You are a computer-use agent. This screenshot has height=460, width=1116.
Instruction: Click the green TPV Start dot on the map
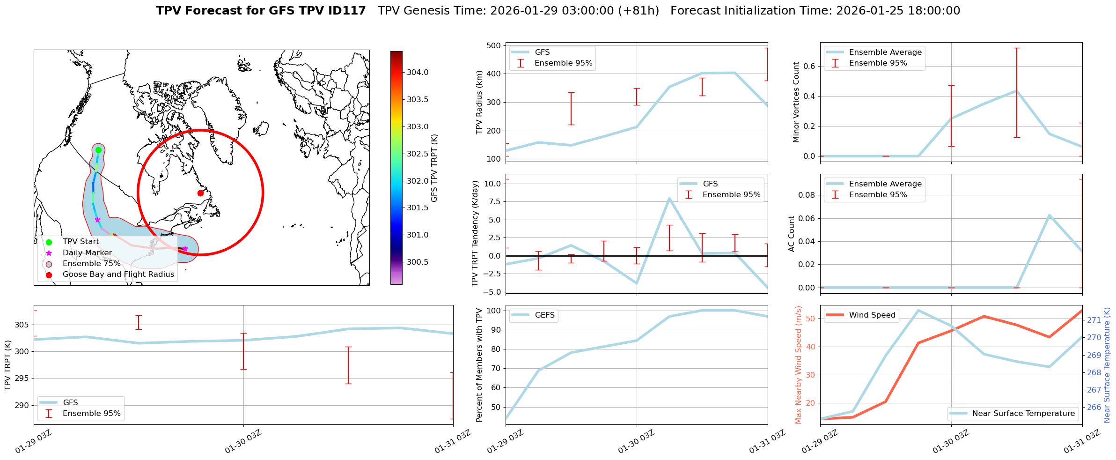pyautogui.click(x=98, y=150)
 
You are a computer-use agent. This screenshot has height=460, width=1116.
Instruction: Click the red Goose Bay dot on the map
pyautogui.click(x=200, y=193)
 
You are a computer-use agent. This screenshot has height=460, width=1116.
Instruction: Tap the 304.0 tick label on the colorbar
pyautogui.click(x=418, y=72)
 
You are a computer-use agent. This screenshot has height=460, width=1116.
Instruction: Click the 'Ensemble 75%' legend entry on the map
pyautogui.click(x=91, y=264)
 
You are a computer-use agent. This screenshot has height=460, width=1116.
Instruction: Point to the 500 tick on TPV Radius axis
pyautogui.click(x=493, y=45)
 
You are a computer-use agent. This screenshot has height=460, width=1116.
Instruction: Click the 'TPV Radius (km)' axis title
pyautogui.click(x=479, y=102)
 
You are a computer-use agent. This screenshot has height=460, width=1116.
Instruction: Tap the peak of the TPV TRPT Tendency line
pyautogui.click(x=669, y=198)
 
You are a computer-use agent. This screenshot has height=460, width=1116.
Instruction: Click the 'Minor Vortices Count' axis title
pyautogui.click(x=796, y=102)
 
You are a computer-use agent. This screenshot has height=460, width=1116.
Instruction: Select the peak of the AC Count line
pyautogui.click(x=1050, y=215)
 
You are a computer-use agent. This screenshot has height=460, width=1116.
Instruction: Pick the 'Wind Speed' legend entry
pyautogui.click(x=872, y=315)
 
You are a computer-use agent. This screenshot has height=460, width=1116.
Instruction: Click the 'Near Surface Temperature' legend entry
pyautogui.click(x=1023, y=414)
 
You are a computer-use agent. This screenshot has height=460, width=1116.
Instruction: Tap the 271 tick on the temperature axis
pyautogui.click(x=1094, y=320)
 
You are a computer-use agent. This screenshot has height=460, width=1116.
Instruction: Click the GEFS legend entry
pyautogui.click(x=544, y=315)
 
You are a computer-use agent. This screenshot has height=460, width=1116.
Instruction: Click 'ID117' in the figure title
pyautogui.click(x=348, y=11)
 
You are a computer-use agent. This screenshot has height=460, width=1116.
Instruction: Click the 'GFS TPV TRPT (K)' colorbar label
pyautogui.click(x=434, y=168)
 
